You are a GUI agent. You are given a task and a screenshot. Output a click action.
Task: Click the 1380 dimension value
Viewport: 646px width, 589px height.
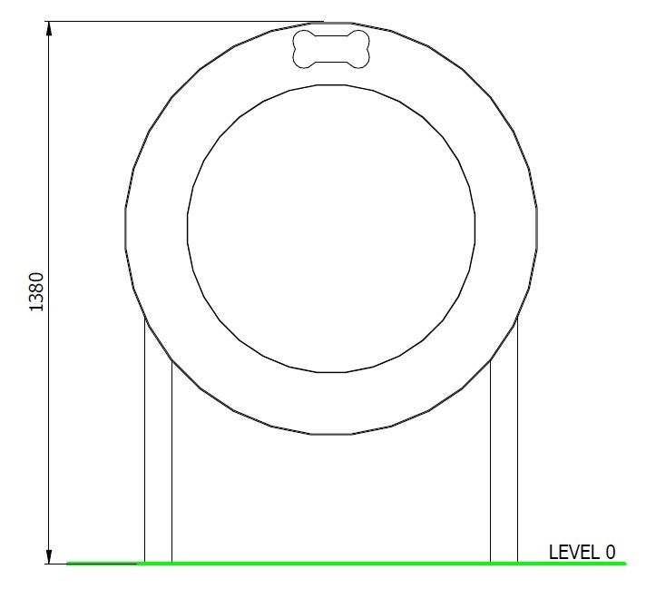(x=36, y=292)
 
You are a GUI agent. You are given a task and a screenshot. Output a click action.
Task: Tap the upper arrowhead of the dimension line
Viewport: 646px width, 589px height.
(x=49, y=31)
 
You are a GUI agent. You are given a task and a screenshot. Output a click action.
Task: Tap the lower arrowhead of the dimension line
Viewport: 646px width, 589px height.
(x=49, y=555)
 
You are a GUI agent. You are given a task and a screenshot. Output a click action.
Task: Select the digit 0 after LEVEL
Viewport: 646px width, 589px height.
(x=610, y=553)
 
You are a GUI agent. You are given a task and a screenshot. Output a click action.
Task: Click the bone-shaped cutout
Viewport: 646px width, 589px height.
(x=331, y=49)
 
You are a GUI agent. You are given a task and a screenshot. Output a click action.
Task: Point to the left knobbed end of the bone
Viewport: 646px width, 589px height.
(x=304, y=49)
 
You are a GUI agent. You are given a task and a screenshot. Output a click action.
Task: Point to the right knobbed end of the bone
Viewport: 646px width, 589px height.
(x=359, y=49)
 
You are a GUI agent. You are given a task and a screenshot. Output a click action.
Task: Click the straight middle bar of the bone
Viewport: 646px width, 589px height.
(x=331, y=49)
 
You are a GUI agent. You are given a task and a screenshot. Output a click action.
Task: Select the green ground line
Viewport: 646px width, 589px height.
(x=346, y=563)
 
